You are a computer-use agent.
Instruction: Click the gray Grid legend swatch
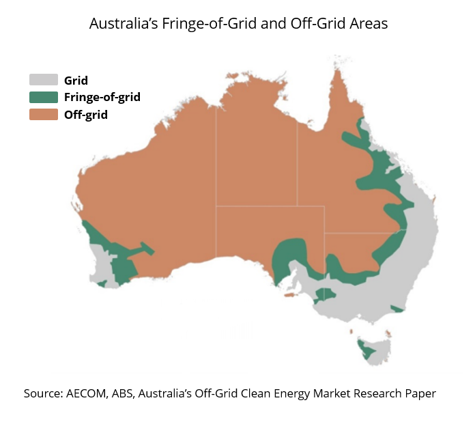43,80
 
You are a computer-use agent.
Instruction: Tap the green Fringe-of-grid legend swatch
43,97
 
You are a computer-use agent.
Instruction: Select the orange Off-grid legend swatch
43,115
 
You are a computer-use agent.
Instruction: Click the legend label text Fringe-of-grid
102,97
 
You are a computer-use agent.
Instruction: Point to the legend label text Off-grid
86,115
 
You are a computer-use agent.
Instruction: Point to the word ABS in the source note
128,394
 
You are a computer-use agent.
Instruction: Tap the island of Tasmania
373,348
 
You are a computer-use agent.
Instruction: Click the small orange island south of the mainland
289,296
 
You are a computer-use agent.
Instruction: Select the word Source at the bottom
42,394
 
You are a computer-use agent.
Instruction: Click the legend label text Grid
76,80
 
